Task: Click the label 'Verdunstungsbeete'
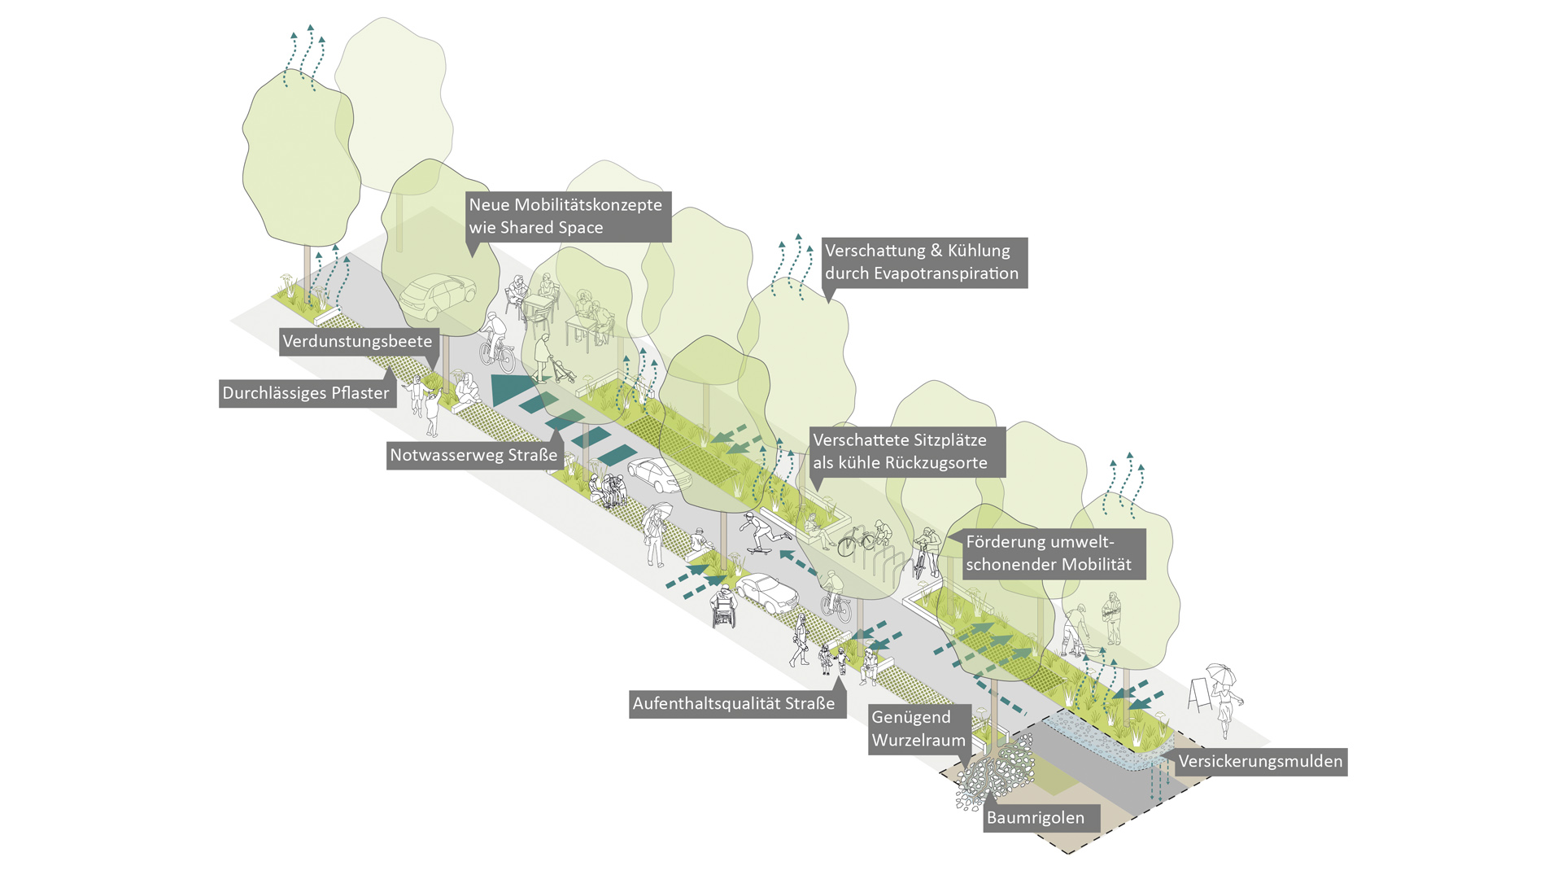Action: pyautogui.click(x=358, y=342)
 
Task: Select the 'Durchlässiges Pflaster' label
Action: pyautogui.click(x=306, y=393)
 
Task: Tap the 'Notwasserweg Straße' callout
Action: pyautogui.click(x=473, y=455)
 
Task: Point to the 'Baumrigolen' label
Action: pyautogui.click(x=1036, y=818)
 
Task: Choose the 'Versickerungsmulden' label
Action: pyautogui.click(x=1260, y=762)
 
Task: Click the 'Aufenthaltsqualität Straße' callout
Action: pyautogui.click(x=734, y=704)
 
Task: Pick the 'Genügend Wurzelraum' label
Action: pyautogui.click(x=918, y=728)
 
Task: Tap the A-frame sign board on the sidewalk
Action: pyautogui.click(x=1199, y=694)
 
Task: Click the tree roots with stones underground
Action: pyautogui.click(x=993, y=773)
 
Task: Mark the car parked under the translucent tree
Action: pyautogui.click(x=437, y=296)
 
